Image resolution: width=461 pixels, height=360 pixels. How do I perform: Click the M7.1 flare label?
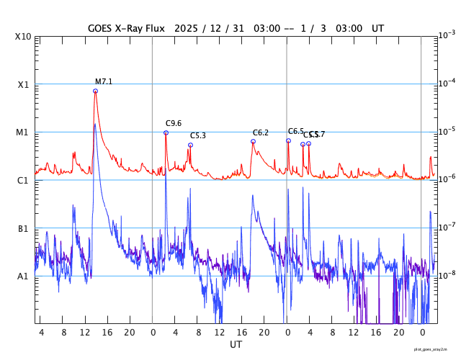coord(104,81)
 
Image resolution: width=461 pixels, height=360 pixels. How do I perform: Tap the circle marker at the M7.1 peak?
coord(95,91)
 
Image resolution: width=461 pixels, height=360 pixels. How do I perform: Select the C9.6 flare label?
coord(174,123)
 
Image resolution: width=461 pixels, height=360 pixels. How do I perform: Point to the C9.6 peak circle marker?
coord(166,132)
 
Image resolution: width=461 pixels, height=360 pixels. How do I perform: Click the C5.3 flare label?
coord(198,135)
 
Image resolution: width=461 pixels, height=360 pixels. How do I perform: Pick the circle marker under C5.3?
coord(190,145)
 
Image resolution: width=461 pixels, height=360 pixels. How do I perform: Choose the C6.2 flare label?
coord(261,132)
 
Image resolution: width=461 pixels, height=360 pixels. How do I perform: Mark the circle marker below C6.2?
coord(253,141)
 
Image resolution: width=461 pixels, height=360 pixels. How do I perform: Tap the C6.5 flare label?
coord(295,131)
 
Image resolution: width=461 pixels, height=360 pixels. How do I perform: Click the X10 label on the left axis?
coord(24,37)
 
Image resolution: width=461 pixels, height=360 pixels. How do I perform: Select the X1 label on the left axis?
coord(23,84)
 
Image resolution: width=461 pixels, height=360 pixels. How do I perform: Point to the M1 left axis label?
coord(23,132)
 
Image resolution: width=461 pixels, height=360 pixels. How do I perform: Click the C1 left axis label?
coord(23,180)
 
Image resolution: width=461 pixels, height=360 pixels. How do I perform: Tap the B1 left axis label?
coord(23,228)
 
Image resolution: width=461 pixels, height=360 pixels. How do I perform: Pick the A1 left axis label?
coord(23,276)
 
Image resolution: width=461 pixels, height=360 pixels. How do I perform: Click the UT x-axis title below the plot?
coord(236,345)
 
